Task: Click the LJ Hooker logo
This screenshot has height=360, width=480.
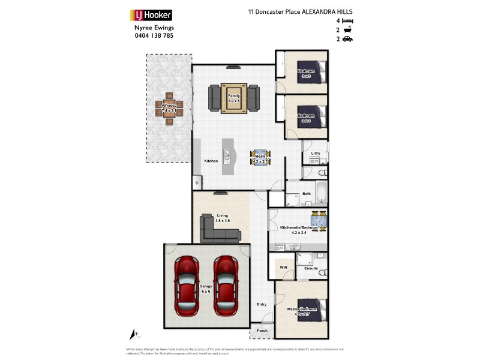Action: pyautogui.click(x=151, y=15)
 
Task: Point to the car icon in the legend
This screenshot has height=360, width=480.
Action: pyautogui.click(x=347, y=39)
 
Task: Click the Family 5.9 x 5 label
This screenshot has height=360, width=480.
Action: pyautogui.click(x=234, y=98)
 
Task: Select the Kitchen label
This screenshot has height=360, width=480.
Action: pyautogui.click(x=211, y=161)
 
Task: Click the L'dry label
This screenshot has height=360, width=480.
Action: pyautogui.click(x=316, y=154)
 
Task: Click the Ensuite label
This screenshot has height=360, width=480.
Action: pyautogui.click(x=311, y=268)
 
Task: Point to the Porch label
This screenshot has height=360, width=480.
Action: pyautogui.click(x=262, y=330)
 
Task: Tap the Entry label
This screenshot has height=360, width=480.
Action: pyautogui.click(x=262, y=305)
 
